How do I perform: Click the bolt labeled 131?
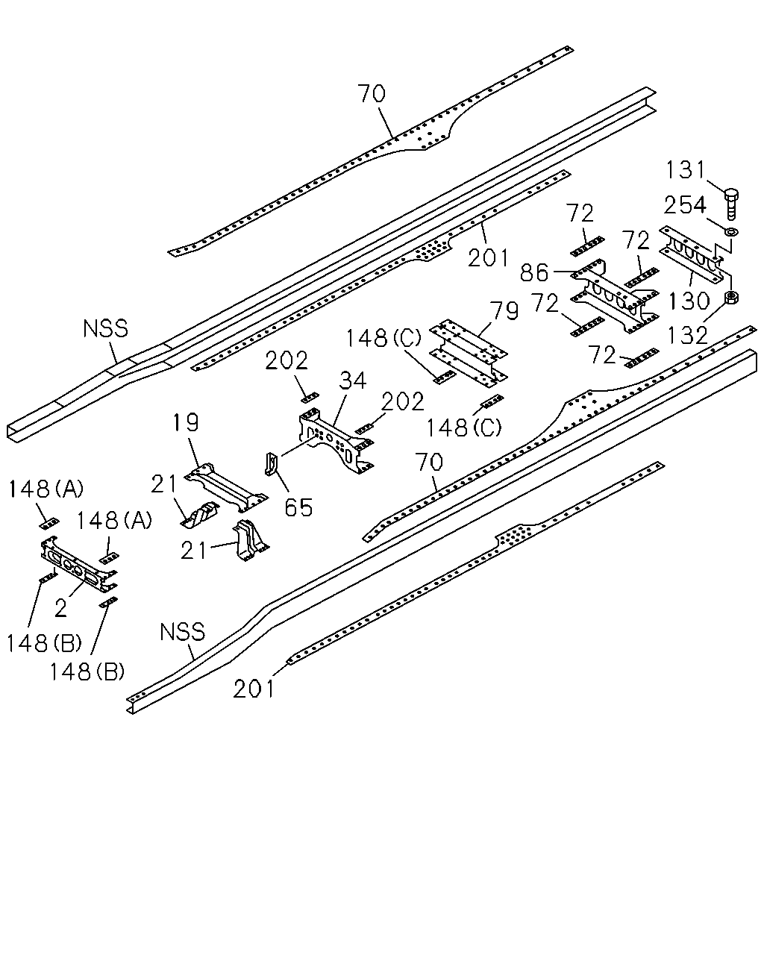click(731, 204)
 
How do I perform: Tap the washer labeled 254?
click(730, 231)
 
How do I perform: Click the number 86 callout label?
click(534, 272)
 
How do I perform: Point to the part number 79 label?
click(504, 311)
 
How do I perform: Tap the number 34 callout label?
click(353, 381)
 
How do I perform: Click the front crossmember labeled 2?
click(78, 565)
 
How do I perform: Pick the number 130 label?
click(689, 301)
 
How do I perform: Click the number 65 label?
click(298, 507)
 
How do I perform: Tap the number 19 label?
click(186, 422)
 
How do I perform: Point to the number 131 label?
click(685, 170)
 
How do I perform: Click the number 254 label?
click(685, 205)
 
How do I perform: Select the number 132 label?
click(687, 336)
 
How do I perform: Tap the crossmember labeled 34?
click(336, 441)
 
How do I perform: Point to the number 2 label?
click(61, 607)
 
